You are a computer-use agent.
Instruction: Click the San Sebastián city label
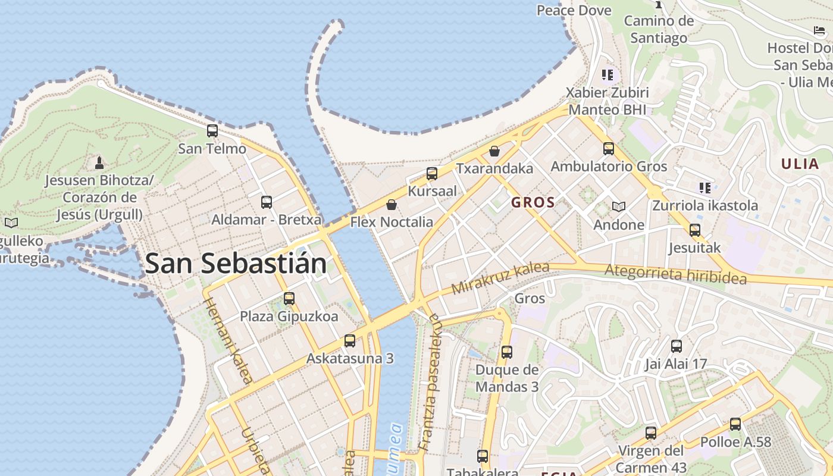pos(236,264)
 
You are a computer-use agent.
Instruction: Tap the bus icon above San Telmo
pos(212,131)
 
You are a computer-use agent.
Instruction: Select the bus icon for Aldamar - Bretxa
pos(267,202)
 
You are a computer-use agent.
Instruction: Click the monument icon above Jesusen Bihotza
pos(99,162)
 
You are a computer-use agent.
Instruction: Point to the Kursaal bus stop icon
pos(432,174)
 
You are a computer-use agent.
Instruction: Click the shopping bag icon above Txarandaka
pos(494,151)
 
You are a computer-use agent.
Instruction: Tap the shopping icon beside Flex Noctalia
pos(392,205)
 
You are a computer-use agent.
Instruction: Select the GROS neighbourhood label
pos(533,202)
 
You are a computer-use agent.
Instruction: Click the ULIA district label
pos(800,164)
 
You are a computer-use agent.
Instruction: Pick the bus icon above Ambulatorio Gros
pos(609,149)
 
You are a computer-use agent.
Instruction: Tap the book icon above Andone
pos(619,206)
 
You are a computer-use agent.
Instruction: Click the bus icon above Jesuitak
pos(695,230)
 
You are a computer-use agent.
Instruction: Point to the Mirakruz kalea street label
pos(500,277)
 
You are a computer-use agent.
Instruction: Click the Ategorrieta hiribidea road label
pos(675,274)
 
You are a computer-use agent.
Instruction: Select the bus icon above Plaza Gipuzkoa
pos(289,299)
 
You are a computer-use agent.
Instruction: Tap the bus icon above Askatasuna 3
pos(350,341)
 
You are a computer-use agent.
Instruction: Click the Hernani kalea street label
pos(228,340)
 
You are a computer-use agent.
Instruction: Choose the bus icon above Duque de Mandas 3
pos(507,352)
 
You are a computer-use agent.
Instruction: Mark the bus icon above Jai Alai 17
pos(677,346)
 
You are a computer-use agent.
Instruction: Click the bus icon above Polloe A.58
pos(735,424)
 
